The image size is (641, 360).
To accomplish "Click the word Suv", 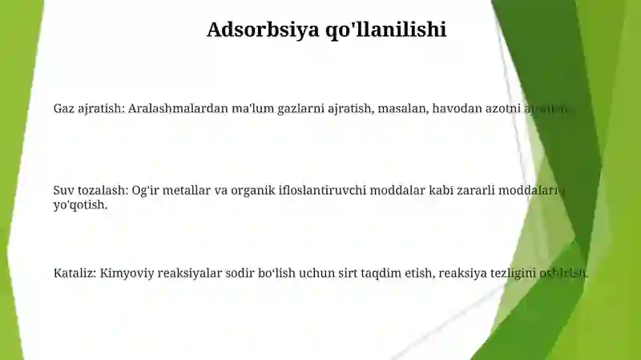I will pos(63,190).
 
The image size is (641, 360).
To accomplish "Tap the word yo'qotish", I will pos(80,204).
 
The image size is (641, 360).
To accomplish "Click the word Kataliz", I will pos(75,273).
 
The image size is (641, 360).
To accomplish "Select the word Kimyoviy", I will pos(126,273).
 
